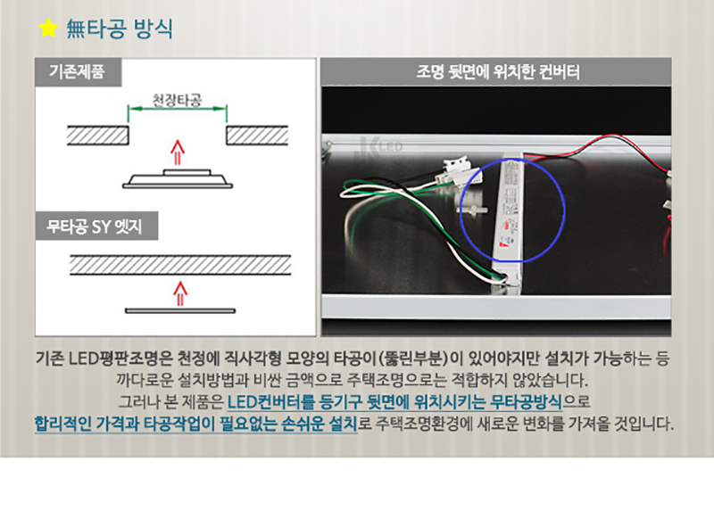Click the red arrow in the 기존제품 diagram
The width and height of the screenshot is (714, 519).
(x=177, y=152)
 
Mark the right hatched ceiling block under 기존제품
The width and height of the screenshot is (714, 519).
(x=259, y=136)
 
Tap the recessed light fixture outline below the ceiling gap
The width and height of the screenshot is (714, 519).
(x=178, y=177)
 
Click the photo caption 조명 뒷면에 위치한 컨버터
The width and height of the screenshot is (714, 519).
(x=498, y=72)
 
